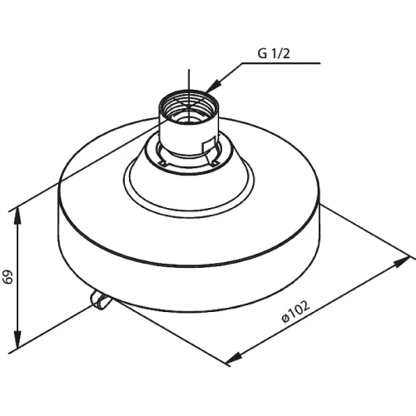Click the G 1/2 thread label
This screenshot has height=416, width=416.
pyautogui.click(x=274, y=53)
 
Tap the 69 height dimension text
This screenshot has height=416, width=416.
pyautogui.click(x=8, y=276)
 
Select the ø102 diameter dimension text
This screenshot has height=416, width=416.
pyautogui.click(x=295, y=312)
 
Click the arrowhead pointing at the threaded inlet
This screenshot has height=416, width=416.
pyautogui.click(x=212, y=86)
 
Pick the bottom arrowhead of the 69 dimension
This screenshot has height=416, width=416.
pyautogui.click(x=17, y=339)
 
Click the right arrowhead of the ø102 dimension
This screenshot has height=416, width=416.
pyautogui.click(x=401, y=262)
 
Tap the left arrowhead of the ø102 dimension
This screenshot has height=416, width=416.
pyautogui.click(x=233, y=358)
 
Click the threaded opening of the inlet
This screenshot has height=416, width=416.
pyautogui.click(x=188, y=105)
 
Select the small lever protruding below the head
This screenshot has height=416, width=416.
pyautogui.click(x=99, y=300)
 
